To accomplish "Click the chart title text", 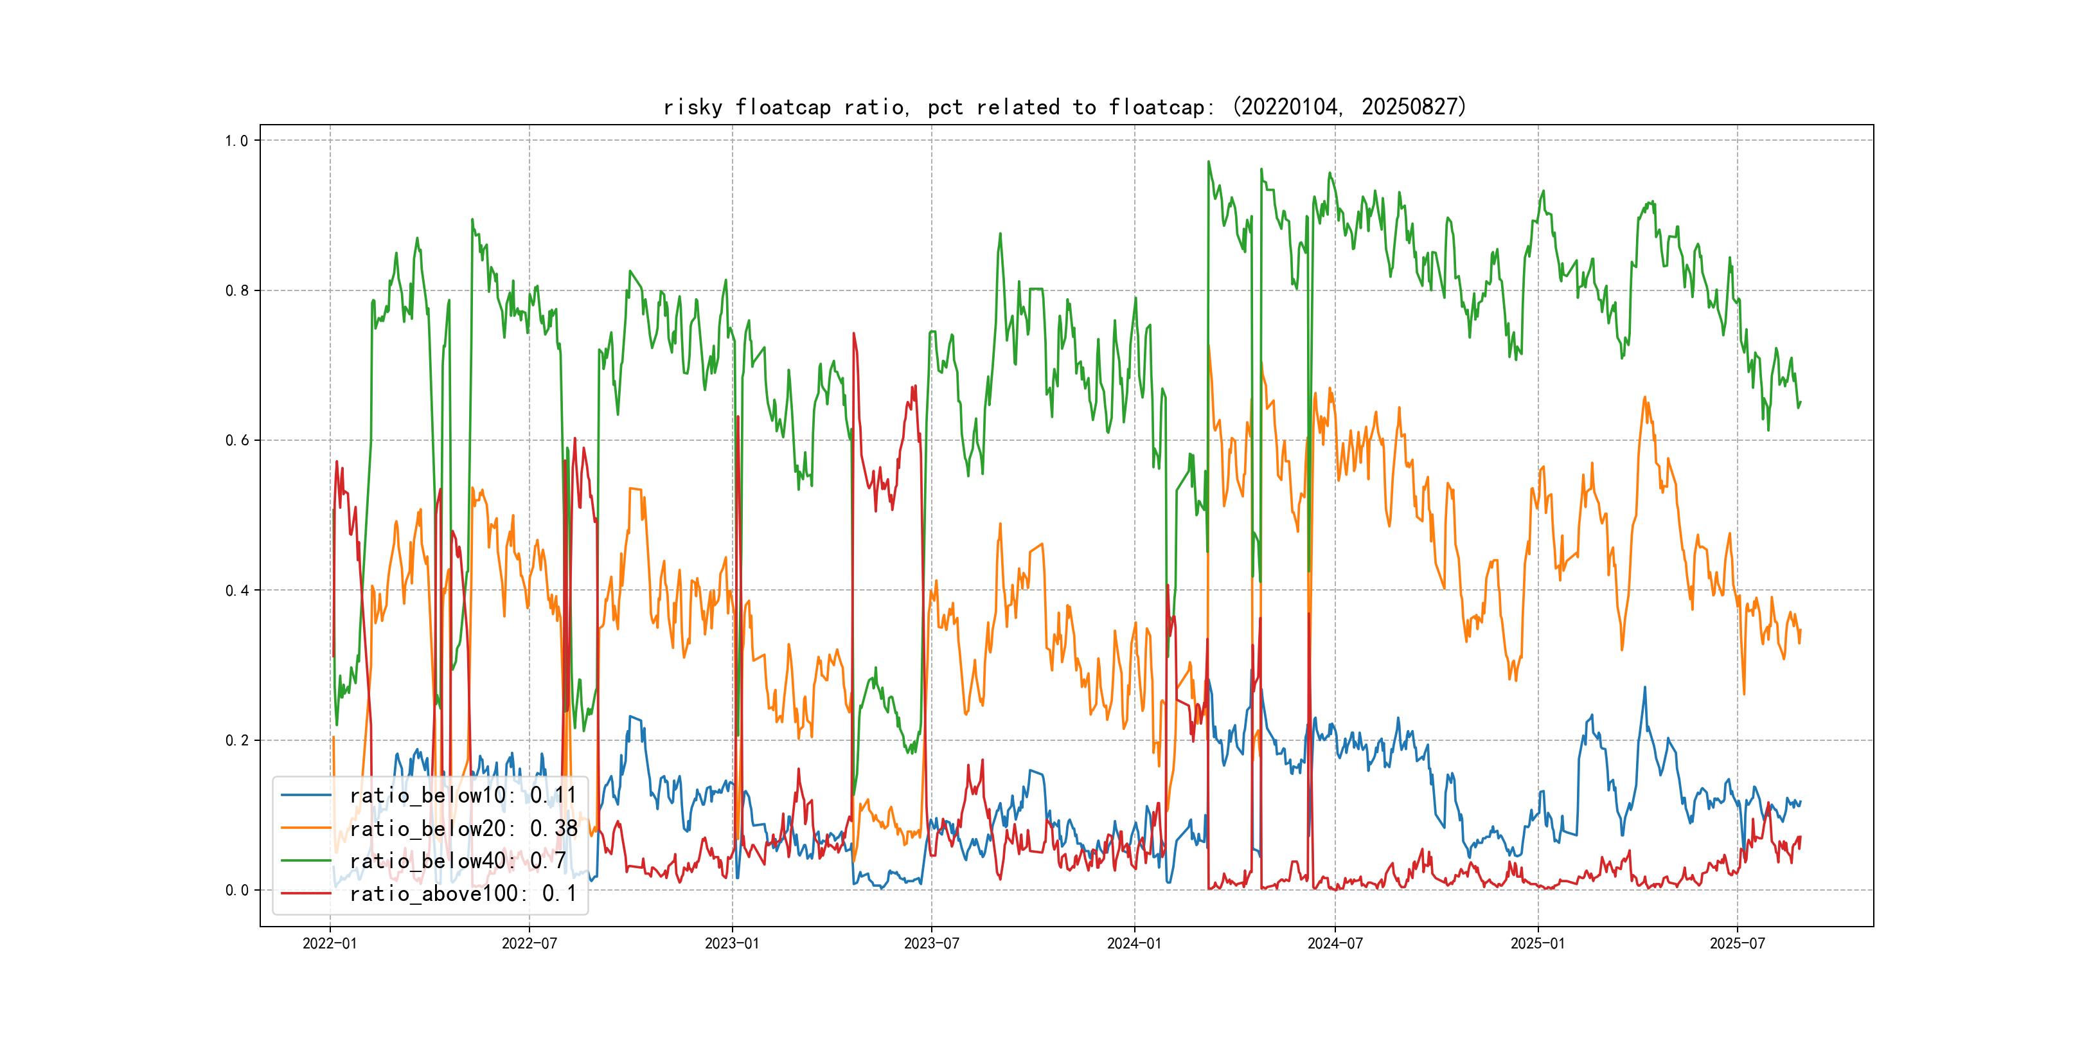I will (x=1064, y=107).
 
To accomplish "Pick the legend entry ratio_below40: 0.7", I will (x=458, y=861).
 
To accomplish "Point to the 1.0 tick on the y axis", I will (x=237, y=141).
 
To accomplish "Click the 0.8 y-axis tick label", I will (x=237, y=291).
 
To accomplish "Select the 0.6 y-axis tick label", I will (x=237, y=440).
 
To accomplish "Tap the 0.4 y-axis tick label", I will (x=237, y=591).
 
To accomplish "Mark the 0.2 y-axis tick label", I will (x=237, y=740).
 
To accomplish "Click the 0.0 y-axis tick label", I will (x=237, y=891).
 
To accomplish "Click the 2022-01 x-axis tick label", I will (x=330, y=943).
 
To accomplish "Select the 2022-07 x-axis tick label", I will (x=529, y=943).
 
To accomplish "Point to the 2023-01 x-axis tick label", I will (x=733, y=943).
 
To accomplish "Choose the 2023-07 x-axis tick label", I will (x=931, y=943).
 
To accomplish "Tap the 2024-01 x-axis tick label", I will (x=1134, y=943).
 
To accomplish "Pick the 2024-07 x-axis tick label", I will (x=1335, y=943).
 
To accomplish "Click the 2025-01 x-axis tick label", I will (x=1538, y=943).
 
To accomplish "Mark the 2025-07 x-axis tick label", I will (x=1738, y=943).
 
